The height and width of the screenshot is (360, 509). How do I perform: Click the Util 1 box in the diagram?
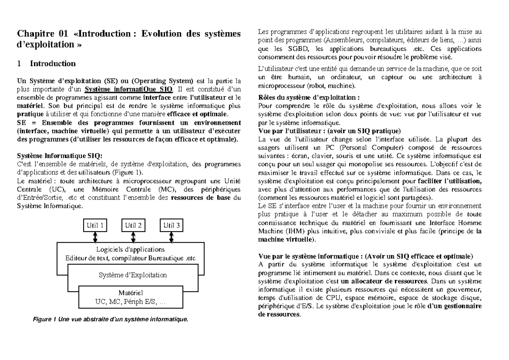click(x=95, y=226)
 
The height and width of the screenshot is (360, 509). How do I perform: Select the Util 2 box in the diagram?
click(x=133, y=226)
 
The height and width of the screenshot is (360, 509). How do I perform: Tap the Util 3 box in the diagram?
click(x=171, y=226)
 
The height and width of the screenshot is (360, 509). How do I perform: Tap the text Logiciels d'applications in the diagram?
click(x=130, y=249)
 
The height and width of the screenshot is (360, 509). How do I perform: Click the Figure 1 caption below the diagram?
click(x=110, y=319)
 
